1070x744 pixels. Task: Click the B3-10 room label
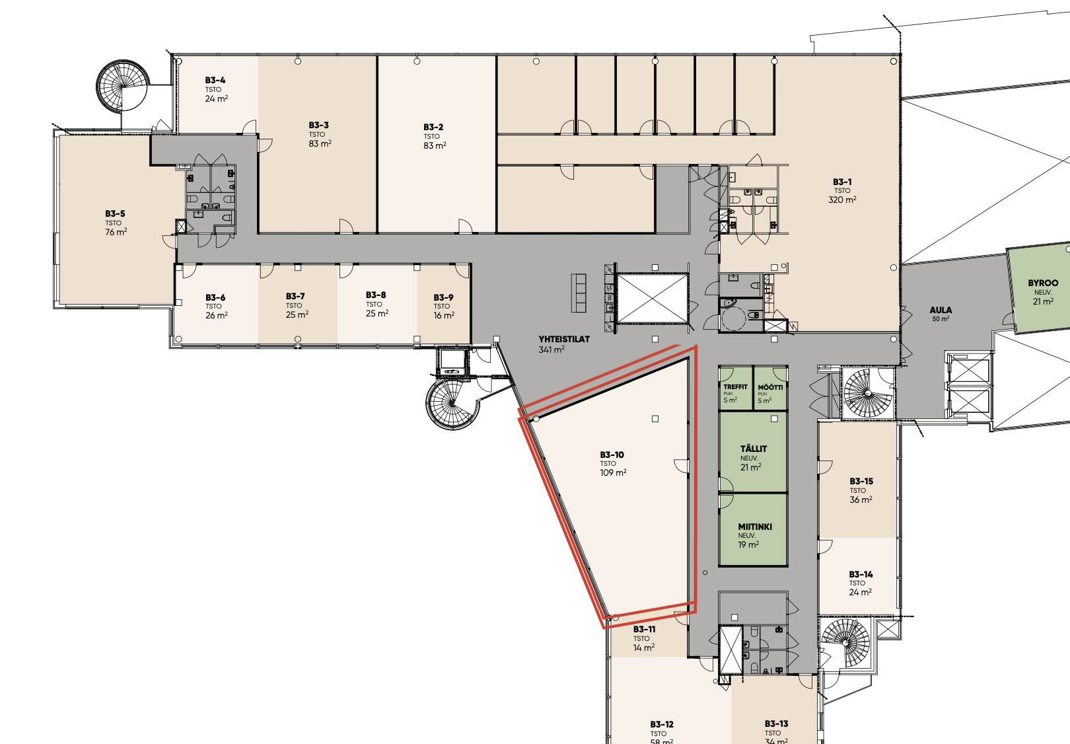(x=612, y=455)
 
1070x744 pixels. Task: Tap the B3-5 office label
(x=115, y=213)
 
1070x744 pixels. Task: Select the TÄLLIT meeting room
(x=753, y=452)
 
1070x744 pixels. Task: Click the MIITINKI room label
(x=755, y=527)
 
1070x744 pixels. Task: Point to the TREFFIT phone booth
(x=736, y=388)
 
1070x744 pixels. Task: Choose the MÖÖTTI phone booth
(x=771, y=388)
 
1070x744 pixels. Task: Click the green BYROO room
(x=1039, y=290)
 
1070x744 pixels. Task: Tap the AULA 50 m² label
(x=941, y=314)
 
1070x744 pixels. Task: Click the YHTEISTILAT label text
(x=564, y=339)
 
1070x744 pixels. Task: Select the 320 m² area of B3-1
(x=842, y=200)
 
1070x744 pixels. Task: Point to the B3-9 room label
(x=443, y=297)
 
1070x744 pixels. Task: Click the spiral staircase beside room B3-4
(x=123, y=86)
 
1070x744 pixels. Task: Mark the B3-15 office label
(x=861, y=481)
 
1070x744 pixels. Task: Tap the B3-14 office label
(x=861, y=574)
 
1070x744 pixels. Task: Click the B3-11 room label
(x=645, y=629)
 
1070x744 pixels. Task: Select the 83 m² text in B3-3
(x=320, y=143)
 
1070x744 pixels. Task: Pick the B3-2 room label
(x=433, y=127)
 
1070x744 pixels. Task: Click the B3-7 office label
(x=295, y=296)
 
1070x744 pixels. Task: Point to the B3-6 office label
(x=215, y=298)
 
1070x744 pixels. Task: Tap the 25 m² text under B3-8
(x=377, y=313)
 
